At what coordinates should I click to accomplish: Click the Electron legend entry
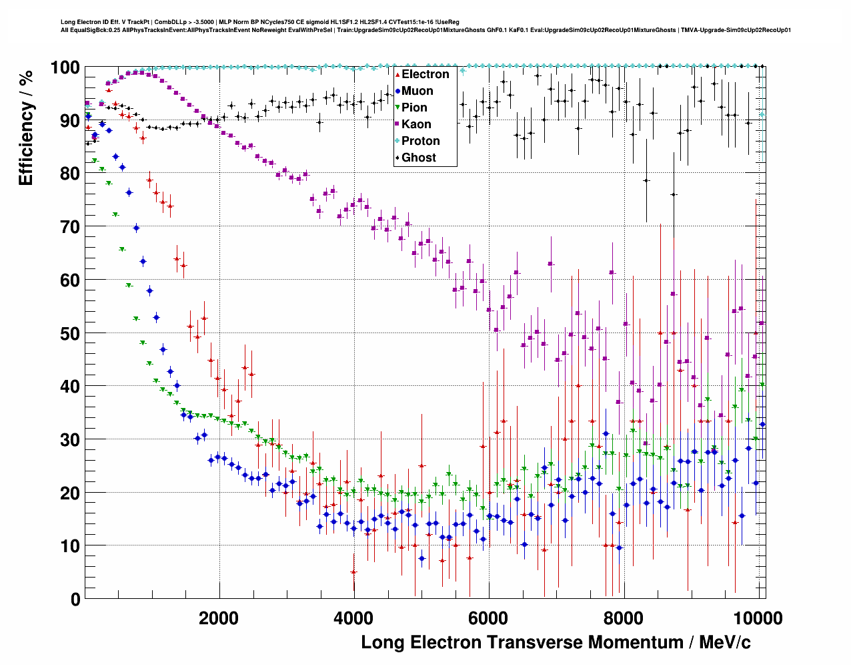(425, 74)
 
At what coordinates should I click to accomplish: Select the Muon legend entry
(417, 91)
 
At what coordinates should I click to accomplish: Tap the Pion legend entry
(414, 107)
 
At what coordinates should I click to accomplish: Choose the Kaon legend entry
(416, 124)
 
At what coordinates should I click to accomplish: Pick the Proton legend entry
(420, 141)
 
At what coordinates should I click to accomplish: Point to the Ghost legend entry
(418, 158)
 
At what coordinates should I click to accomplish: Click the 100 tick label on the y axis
(65, 67)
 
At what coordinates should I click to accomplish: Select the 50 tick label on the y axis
(70, 333)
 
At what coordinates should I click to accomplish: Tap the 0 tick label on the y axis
(75, 600)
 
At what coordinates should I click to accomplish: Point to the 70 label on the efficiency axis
(70, 227)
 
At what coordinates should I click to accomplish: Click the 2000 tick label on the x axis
(219, 618)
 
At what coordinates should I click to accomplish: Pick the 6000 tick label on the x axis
(489, 618)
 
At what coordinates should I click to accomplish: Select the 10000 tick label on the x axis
(758, 618)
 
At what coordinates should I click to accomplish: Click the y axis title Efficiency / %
(26, 127)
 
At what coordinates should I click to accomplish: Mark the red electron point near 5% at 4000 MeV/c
(353, 572)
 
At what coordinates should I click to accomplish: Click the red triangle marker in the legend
(397, 74)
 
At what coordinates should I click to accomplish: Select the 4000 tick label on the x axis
(353, 618)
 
